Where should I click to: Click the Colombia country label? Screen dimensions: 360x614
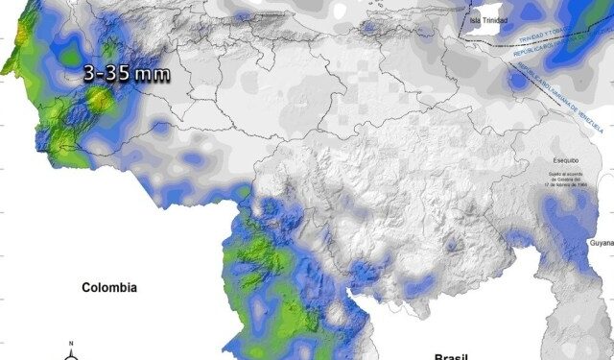coord(109,288)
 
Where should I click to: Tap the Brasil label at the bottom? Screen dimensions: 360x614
coord(450,356)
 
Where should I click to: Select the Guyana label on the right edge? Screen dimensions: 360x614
coord(602,244)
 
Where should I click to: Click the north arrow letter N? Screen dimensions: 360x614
coord(71,344)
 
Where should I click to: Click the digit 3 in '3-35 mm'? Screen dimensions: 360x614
coord(88,73)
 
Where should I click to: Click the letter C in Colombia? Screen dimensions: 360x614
coord(86,288)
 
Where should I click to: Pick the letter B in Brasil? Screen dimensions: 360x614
coord(437,356)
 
